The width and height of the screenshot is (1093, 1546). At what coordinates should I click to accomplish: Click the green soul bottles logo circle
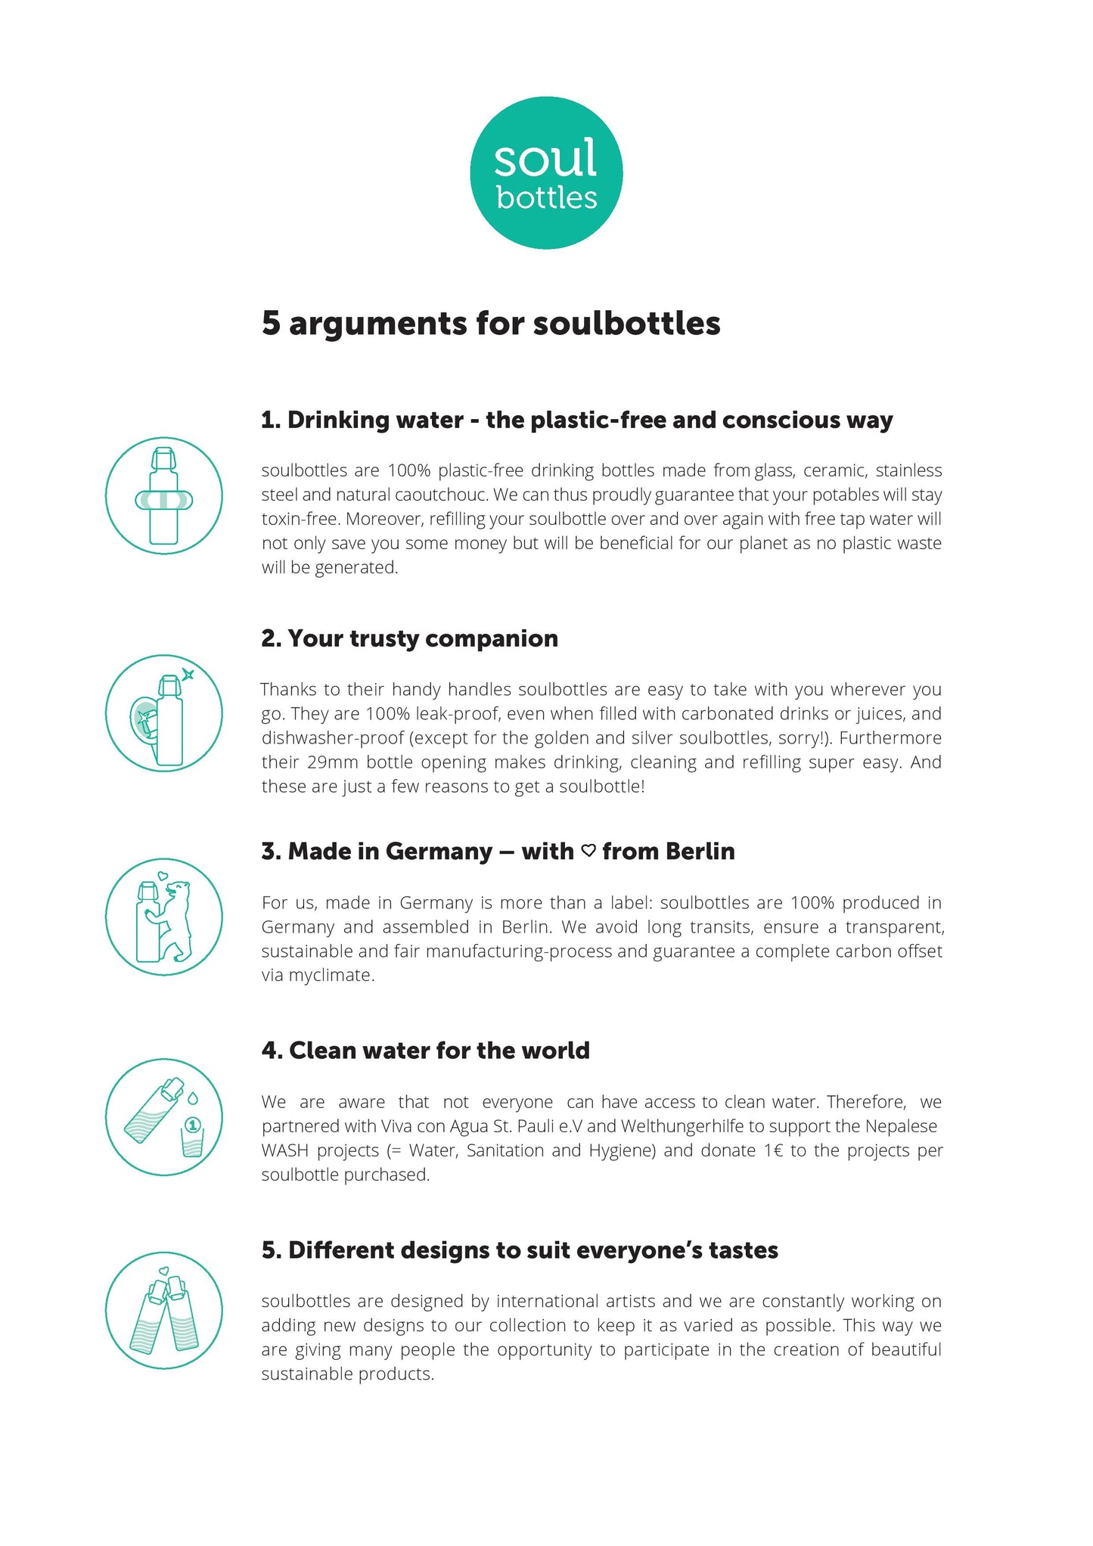pos(546,172)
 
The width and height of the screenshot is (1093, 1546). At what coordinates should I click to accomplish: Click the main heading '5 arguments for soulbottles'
pos(490,323)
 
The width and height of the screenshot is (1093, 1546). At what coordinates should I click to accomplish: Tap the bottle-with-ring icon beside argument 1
pos(163,495)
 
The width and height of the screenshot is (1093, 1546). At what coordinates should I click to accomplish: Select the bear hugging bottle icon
pos(163,917)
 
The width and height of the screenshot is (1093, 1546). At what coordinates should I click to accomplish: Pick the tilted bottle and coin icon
pos(163,1116)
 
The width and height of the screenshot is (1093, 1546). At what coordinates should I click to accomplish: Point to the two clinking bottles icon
pos(163,1310)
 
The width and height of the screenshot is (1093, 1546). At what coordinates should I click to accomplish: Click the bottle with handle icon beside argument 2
pos(163,713)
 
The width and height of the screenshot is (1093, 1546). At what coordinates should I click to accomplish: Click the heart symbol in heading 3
pos(588,851)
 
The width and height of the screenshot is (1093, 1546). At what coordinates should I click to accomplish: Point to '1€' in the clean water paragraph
pos(773,1150)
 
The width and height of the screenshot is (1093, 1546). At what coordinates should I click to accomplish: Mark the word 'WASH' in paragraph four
pos(282,1150)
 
